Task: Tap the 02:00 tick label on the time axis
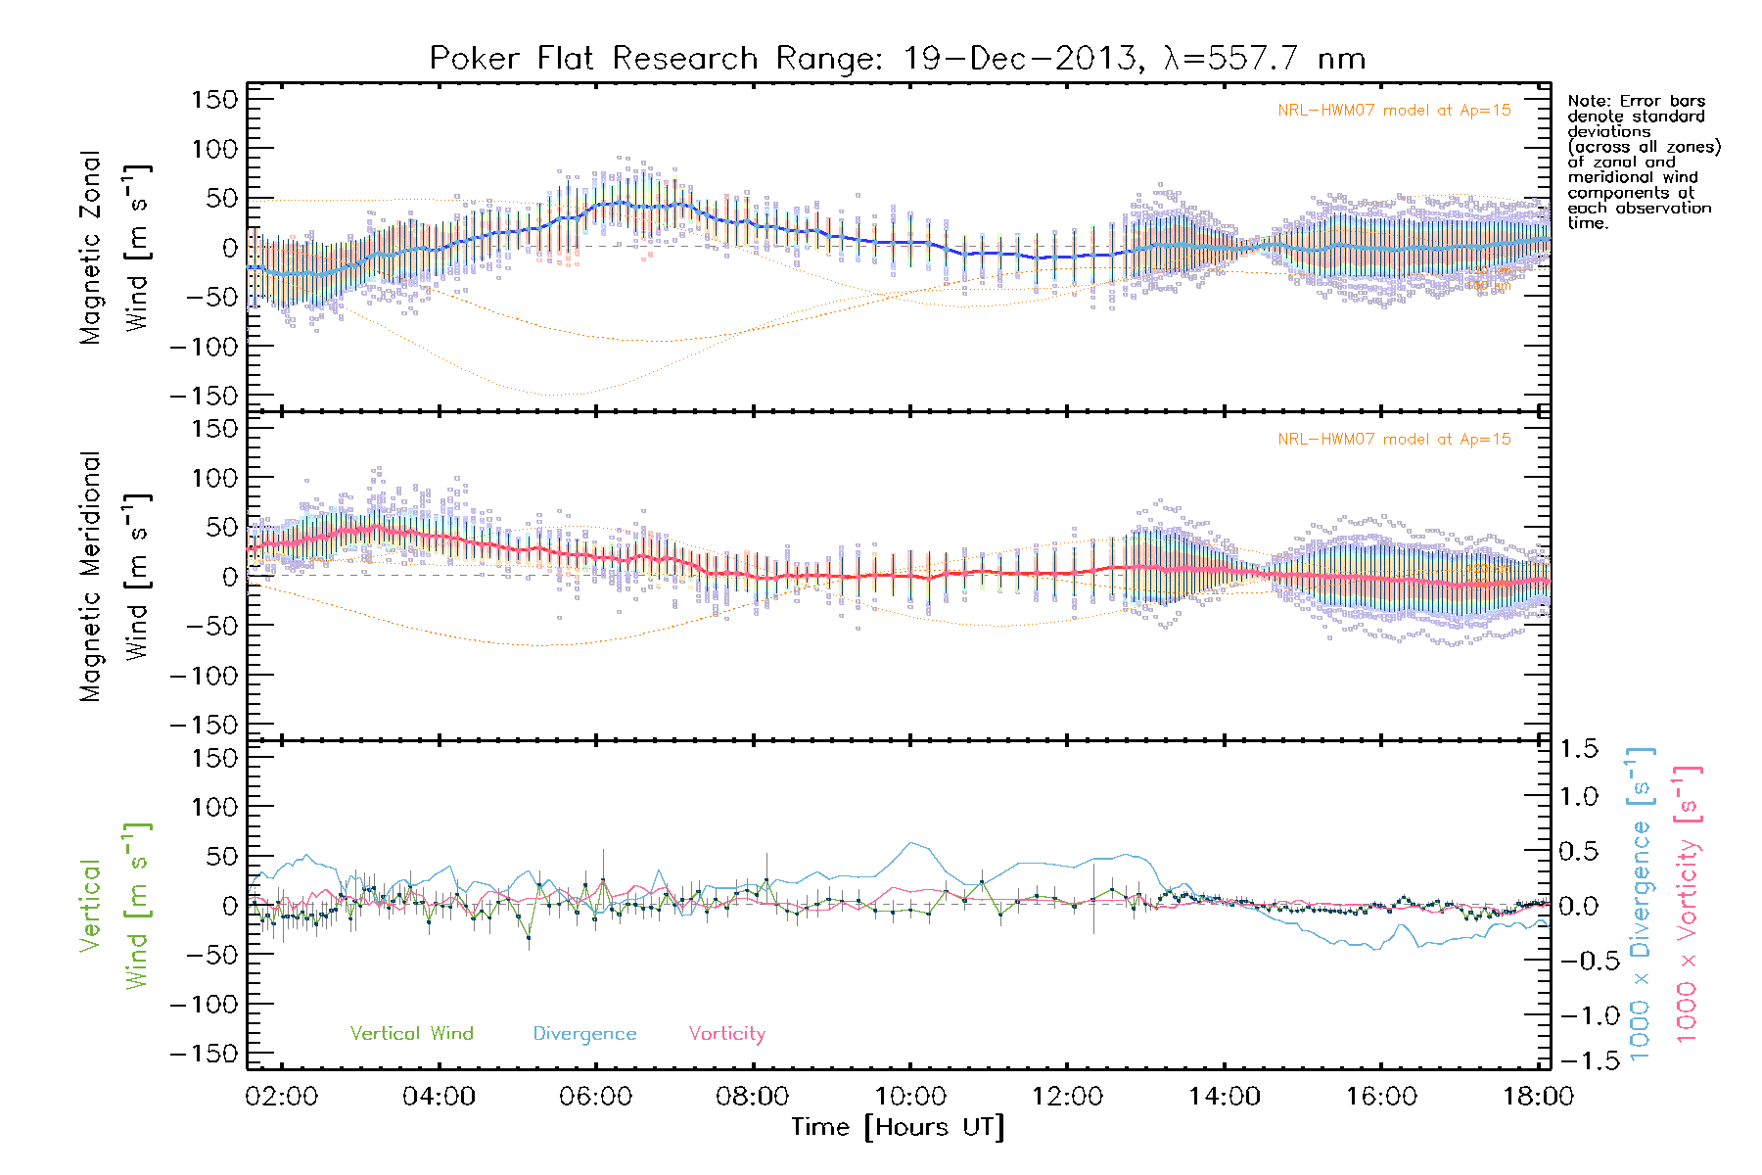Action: (x=282, y=1097)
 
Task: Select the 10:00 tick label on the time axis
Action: (x=910, y=1097)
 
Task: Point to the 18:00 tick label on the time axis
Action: (x=1538, y=1097)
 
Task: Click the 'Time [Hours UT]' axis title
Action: (x=898, y=1128)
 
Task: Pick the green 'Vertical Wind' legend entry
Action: (x=411, y=1034)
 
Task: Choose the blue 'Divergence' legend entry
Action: (x=584, y=1034)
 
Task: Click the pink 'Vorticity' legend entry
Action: (x=726, y=1034)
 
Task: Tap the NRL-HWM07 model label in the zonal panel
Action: (x=1394, y=111)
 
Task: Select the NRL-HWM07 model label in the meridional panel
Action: (x=1394, y=440)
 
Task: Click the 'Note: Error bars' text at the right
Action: (x=1636, y=101)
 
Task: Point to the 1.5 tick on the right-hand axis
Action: (x=1579, y=749)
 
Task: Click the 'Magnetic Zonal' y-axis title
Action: (x=91, y=248)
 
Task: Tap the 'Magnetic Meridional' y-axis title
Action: (x=91, y=578)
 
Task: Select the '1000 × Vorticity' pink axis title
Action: (x=1688, y=905)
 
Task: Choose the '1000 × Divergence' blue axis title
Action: (x=1641, y=905)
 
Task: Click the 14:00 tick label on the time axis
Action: (x=1225, y=1097)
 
